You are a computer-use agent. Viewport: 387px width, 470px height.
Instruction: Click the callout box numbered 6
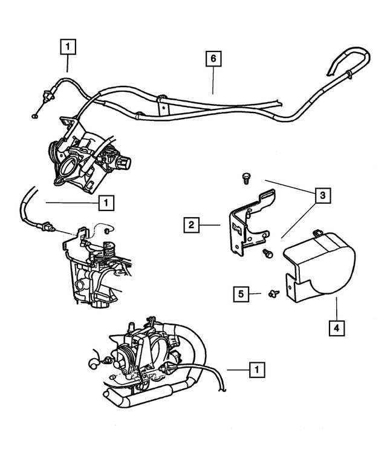213,59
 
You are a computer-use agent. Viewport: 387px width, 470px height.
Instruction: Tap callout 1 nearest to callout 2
106,203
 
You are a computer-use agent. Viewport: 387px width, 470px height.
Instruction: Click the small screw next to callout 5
272,295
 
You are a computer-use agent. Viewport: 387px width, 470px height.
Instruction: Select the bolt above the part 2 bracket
245,177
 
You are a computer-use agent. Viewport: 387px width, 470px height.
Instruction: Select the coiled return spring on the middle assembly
110,249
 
